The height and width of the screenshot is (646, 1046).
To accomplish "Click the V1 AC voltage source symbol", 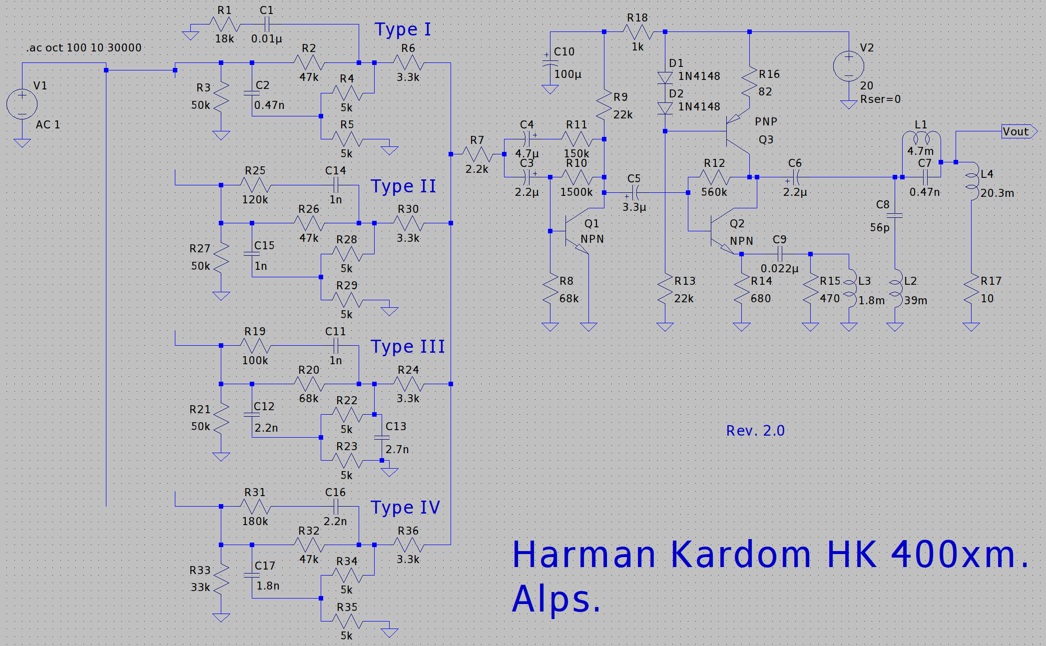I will click(22, 104).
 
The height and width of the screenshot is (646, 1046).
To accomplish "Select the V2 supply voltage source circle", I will click(849, 66).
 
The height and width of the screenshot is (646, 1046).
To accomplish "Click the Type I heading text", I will click(403, 29).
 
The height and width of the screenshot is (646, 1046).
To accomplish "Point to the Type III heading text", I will click(408, 346).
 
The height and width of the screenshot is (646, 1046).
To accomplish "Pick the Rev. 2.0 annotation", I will click(755, 431).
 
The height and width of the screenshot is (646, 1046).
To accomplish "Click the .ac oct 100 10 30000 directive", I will click(84, 48).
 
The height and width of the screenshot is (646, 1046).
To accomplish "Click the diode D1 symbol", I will click(665, 77).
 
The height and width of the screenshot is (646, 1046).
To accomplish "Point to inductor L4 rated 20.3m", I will click(972, 183).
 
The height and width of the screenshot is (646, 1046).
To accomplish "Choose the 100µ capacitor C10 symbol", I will click(550, 63).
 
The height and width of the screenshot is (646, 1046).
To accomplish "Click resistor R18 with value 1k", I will click(638, 32).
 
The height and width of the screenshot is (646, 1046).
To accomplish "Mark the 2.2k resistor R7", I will click(477, 154).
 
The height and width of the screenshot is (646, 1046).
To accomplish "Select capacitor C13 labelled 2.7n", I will click(382, 438).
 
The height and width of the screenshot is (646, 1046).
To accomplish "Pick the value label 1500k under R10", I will click(576, 192).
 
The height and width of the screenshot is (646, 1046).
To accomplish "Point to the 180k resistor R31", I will click(255, 507).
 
